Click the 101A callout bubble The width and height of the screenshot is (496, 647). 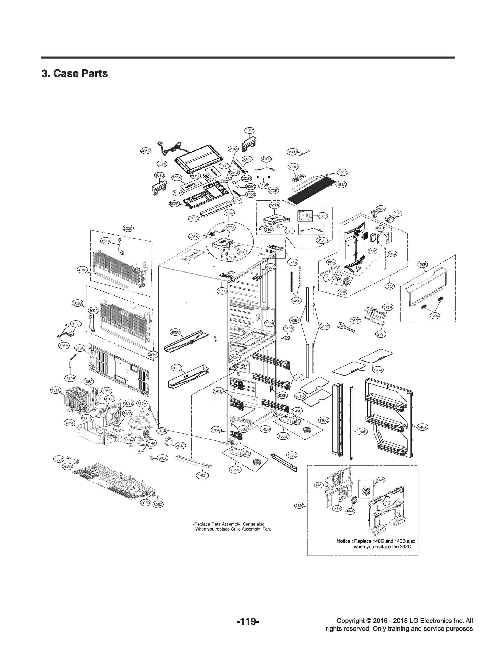[x=250, y=130]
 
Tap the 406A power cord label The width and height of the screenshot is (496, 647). [x=145, y=151]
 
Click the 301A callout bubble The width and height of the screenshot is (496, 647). [x=56, y=390]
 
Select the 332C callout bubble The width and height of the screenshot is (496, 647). [x=299, y=506]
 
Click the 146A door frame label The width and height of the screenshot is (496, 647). [x=423, y=427]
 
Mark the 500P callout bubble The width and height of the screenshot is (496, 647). [x=323, y=216]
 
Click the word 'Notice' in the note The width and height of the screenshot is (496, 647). [x=343, y=541]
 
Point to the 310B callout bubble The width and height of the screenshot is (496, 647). [x=70, y=378]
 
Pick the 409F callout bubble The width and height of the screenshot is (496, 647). [x=325, y=327]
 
